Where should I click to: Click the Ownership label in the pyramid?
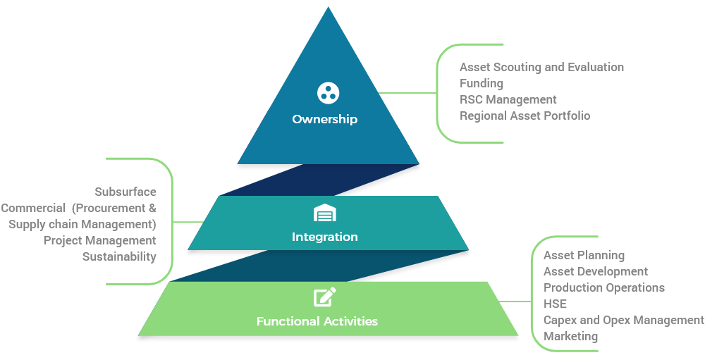[x=324, y=119]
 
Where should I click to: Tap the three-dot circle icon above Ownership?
[x=328, y=92]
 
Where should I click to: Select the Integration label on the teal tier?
[x=324, y=237]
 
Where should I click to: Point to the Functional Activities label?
[x=317, y=321]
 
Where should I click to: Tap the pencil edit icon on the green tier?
[x=324, y=297]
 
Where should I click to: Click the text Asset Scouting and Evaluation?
[x=541, y=67]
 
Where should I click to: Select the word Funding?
[x=481, y=83]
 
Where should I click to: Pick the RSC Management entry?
[x=508, y=99]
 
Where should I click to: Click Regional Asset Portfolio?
[x=525, y=116]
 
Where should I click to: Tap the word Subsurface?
[x=125, y=192]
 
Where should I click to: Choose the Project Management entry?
[x=99, y=240]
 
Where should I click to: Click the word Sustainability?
[x=119, y=256]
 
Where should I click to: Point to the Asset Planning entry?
[x=584, y=255]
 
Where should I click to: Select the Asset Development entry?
[x=596, y=271]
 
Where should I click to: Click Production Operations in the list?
[x=603, y=287]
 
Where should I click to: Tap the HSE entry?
[x=555, y=304]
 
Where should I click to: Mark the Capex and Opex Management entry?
[x=623, y=320]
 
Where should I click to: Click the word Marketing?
[x=570, y=336]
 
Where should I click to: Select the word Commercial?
[x=33, y=208]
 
